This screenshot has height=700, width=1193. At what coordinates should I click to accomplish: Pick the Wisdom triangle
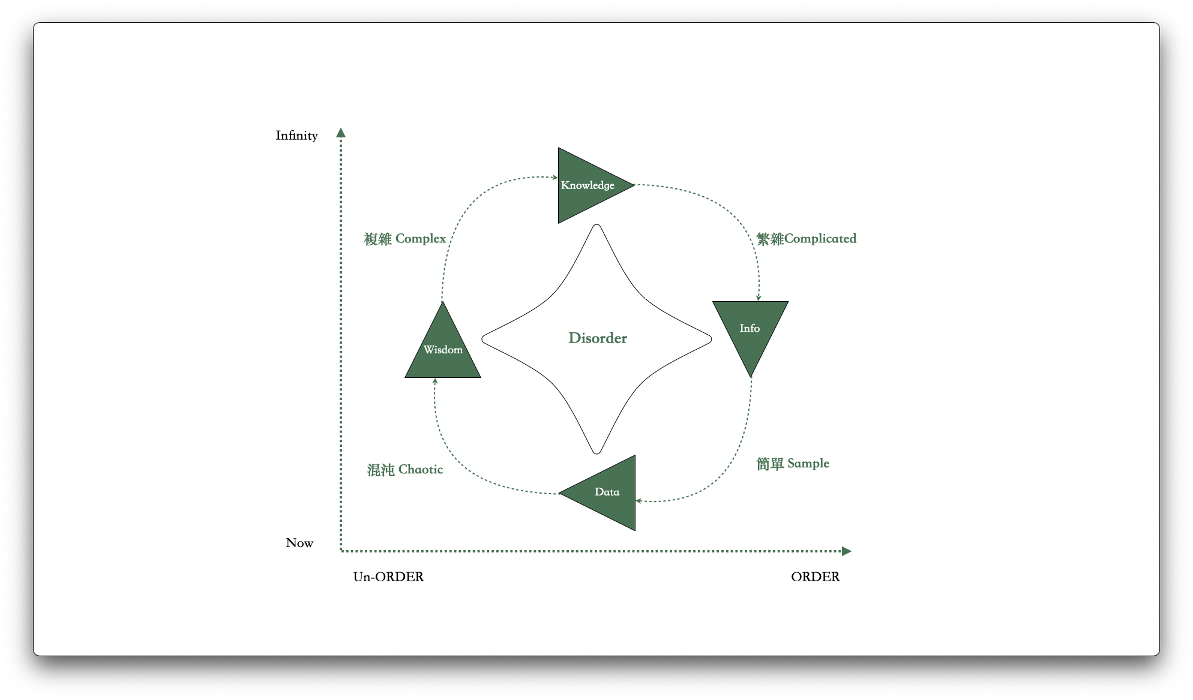click(443, 351)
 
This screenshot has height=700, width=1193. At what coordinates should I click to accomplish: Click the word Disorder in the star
click(598, 338)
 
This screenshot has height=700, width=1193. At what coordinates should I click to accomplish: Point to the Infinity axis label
click(296, 136)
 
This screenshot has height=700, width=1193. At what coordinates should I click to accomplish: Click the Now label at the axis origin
click(299, 543)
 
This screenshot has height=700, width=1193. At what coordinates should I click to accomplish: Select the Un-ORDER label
click(388, 577)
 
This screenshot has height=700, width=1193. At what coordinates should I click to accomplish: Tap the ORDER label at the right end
click(815, 577)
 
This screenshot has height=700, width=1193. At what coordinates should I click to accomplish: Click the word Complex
click(421, 239)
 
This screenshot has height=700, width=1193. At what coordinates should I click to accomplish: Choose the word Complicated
click(820, 239)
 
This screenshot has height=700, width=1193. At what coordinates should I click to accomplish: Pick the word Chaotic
click(421, 470)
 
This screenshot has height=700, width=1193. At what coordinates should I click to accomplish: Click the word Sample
click(808, 464)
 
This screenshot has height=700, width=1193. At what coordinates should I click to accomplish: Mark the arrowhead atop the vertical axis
click(341, 133)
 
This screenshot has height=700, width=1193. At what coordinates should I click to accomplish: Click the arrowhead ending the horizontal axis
click(847, 551)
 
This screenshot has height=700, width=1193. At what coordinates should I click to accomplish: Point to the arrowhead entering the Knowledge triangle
click(555, 178)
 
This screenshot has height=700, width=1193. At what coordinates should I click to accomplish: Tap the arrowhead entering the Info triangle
click(759, 298)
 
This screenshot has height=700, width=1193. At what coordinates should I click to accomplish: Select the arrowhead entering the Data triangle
click(639, 501)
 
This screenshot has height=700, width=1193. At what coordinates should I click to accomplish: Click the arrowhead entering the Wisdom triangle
click(435, 381)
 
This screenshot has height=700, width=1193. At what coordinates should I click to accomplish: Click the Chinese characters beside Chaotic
click(380, 470)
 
